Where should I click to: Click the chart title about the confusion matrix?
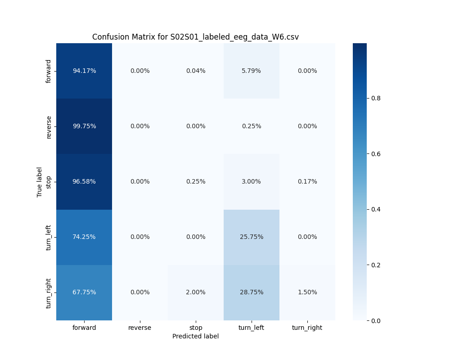[195, 37]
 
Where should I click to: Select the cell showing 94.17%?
[84, 71]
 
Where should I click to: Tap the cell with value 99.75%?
[84, 126]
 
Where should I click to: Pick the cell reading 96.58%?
[84, 181]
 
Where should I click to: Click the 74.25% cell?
[84, 237]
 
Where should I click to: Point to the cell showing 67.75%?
[84, 292]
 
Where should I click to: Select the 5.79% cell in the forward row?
[251, 71]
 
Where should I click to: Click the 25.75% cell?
[251, 237]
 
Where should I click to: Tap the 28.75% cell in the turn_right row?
[251, 292]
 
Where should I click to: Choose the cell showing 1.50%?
[307, 292]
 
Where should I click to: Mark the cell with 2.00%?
[196, 292]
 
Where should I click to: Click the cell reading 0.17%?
[307, 181]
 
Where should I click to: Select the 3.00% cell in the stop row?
[251, 181]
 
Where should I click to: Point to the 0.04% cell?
[196, 71]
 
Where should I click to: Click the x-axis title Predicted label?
[195, 336]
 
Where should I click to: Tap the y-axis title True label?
[40, 182]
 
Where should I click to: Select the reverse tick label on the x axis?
[140, 328]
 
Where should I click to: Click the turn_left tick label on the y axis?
[49, 237]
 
